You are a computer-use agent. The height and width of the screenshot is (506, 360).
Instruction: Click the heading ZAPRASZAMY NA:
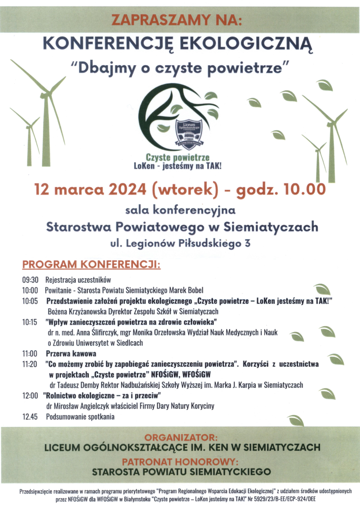tap(177, 20)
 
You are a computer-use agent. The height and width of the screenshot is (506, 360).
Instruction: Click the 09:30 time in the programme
tap(30, 280)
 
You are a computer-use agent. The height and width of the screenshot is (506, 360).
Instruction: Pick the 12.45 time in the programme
tap(30, 417)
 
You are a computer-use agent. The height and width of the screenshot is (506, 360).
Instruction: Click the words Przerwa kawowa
tap(71, 354)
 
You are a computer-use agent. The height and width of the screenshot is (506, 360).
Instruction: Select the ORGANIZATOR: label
tap(180, 438)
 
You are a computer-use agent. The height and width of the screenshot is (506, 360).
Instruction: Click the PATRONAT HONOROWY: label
tap(180, 462)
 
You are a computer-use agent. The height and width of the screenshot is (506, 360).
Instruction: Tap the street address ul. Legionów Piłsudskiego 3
tap(180, 243)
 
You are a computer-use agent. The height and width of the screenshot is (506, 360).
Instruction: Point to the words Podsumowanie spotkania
tap(80, 417)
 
